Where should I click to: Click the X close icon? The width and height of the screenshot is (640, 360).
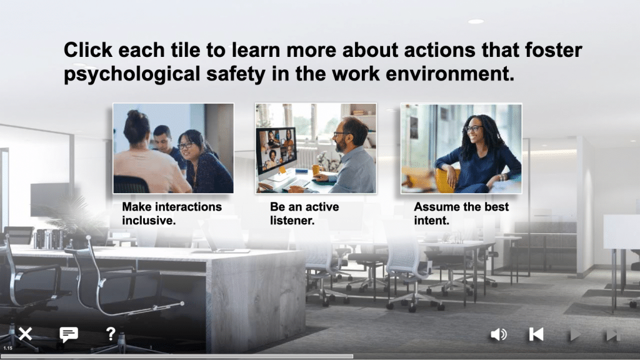coord(25,334)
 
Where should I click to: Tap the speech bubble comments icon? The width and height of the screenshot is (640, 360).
coord(69,334)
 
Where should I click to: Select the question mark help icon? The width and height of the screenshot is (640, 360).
coord(111,334)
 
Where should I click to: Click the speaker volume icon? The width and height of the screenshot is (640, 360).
coord(498,334)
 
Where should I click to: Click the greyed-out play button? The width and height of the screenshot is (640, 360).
coord(575,334)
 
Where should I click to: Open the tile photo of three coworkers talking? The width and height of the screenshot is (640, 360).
coord(174,148)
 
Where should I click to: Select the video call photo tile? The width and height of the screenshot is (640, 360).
coord(316,148)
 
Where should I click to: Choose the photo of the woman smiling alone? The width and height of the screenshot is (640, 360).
coord(461,149)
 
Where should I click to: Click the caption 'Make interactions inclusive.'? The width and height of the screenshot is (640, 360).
coord(172,214)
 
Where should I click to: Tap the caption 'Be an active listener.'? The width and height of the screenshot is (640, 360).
coord(304,214)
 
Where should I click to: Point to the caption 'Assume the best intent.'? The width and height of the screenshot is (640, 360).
coord(461,214)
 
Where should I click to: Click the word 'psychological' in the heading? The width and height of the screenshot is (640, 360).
coord(132,74)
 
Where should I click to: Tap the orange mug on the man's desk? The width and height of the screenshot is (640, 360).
coord(316,170)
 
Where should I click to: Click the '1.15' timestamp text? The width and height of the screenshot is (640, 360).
coord(7,348)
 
